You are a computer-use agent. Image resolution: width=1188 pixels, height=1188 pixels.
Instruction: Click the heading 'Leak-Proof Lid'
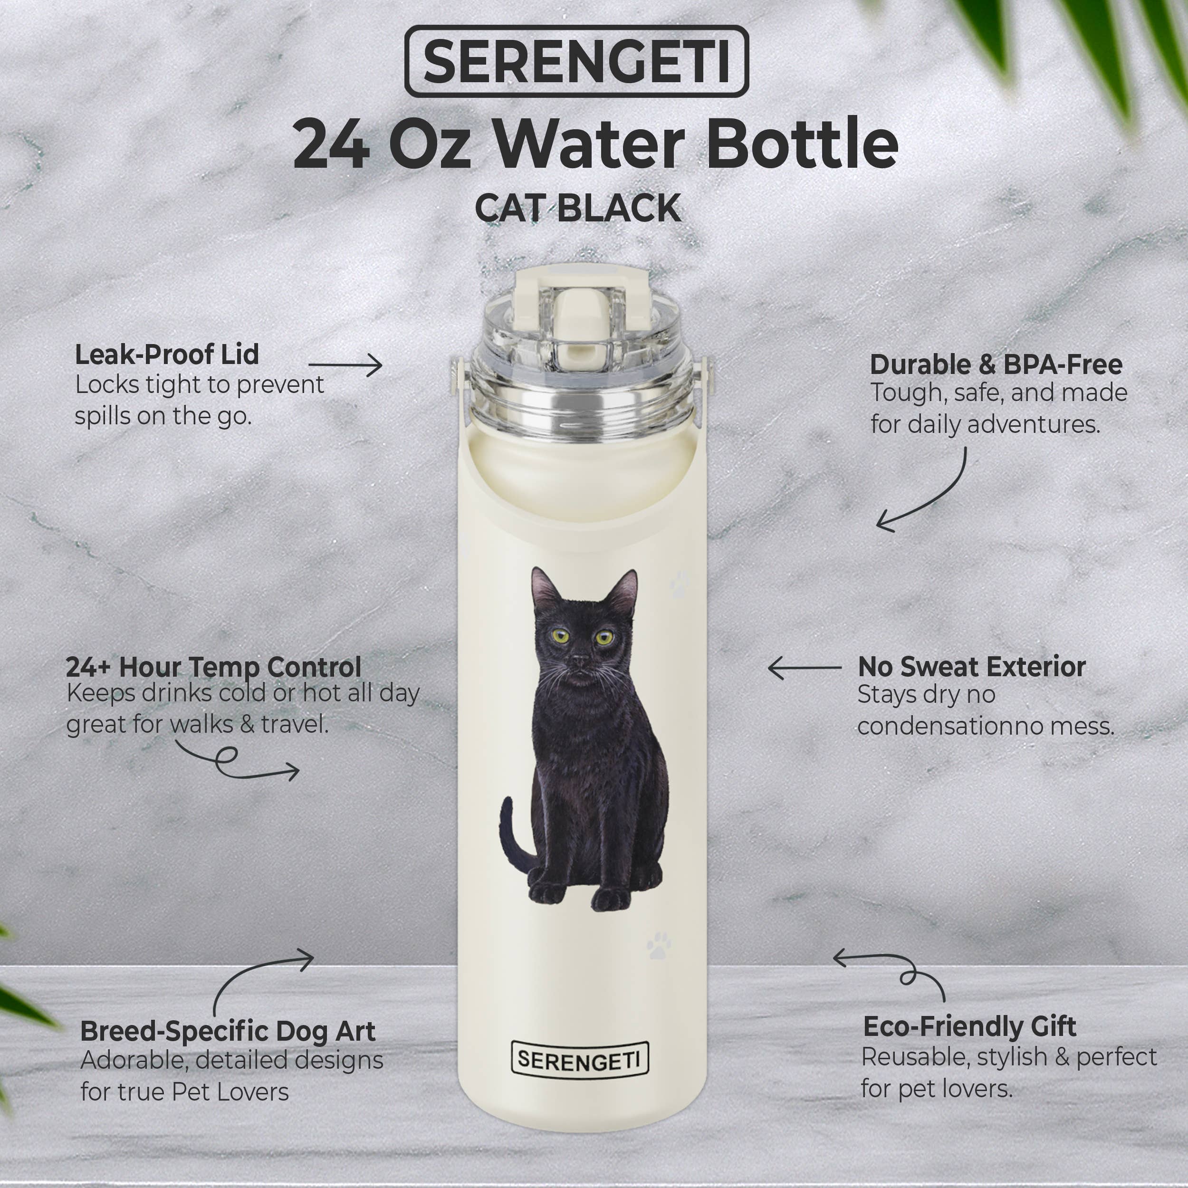167,355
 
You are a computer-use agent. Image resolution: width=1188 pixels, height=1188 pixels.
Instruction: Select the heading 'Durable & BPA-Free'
996,364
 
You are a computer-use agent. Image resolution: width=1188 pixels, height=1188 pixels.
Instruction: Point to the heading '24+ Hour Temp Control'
213,667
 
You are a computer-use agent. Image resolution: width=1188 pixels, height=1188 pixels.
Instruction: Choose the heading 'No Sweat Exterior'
972,667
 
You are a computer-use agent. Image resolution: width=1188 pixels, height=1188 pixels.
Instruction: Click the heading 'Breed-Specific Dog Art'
228,1031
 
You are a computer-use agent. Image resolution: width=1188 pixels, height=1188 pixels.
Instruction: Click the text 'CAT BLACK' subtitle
577,209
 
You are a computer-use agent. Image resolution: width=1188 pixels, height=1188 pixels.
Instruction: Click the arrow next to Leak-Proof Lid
345,365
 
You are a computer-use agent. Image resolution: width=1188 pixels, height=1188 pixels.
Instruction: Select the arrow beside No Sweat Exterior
805,668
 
